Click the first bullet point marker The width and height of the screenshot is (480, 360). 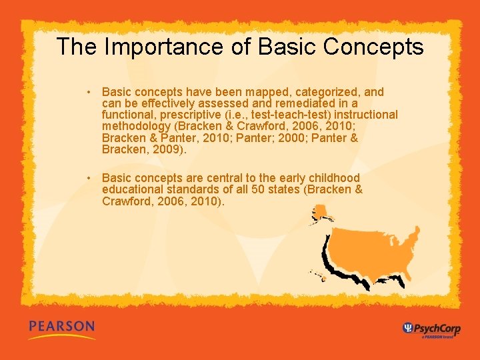[x=88, y=93]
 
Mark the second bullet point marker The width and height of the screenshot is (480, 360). [x=88, y=178]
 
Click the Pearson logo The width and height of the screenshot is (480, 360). [x=61, y=328]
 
